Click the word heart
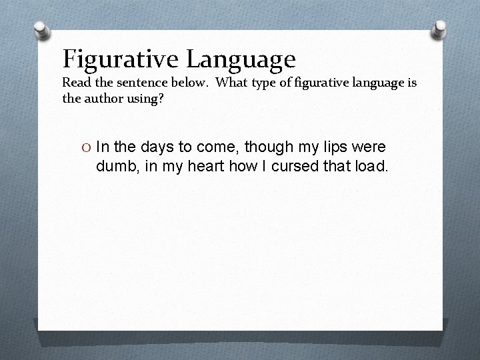click(207, 165)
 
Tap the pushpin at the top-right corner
click(439, 28)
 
